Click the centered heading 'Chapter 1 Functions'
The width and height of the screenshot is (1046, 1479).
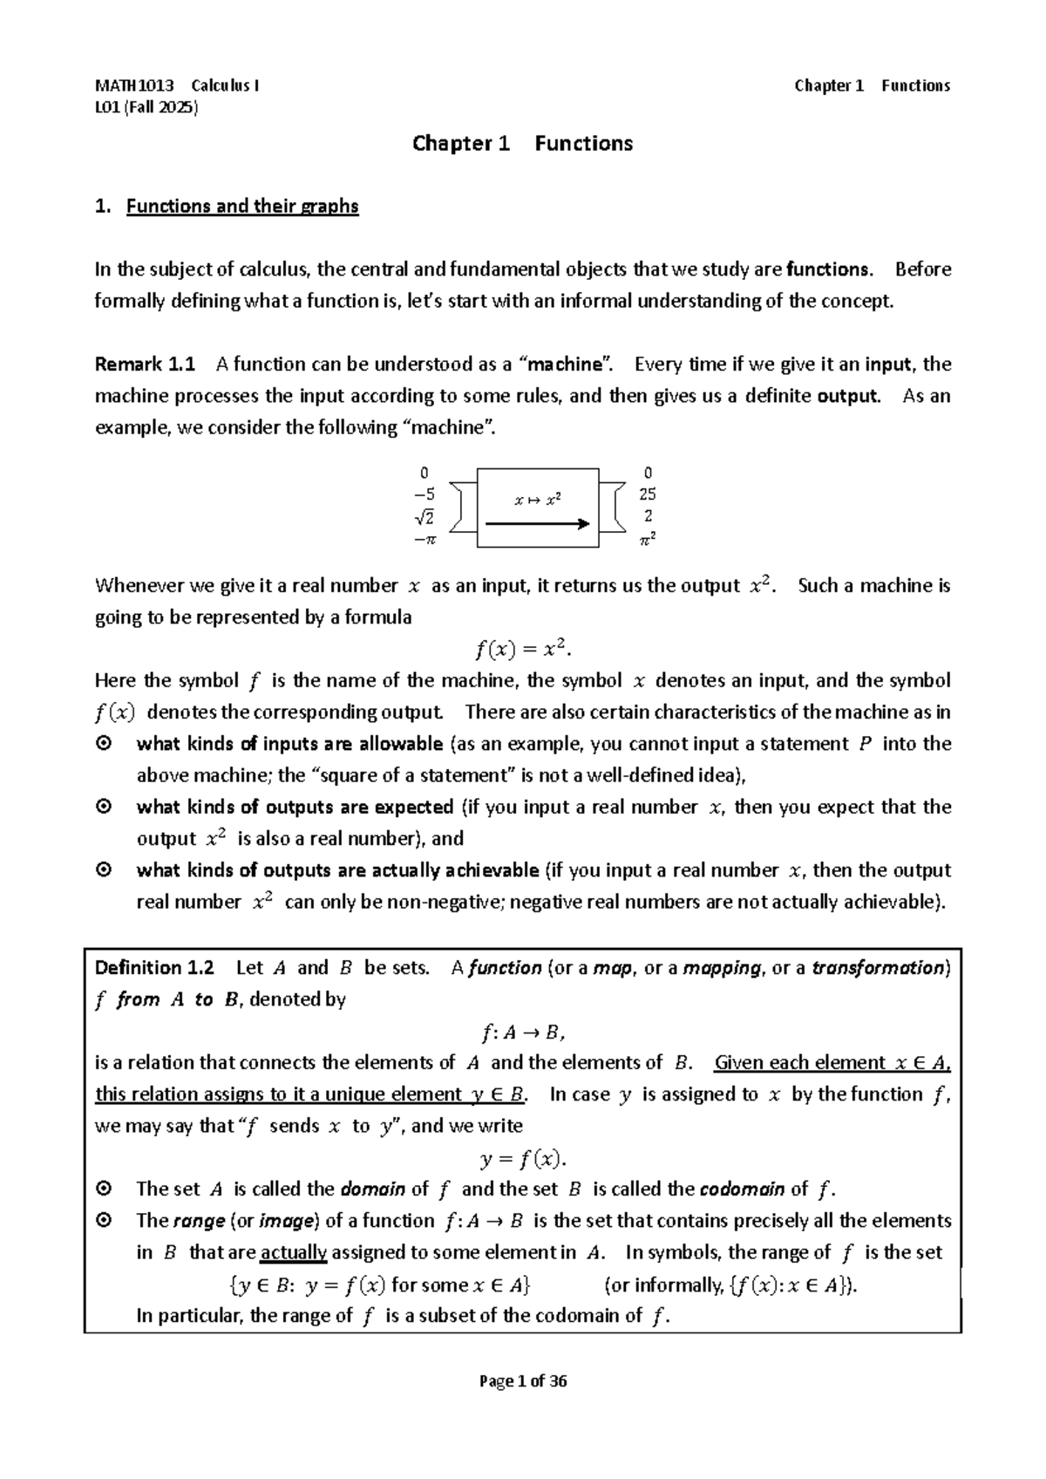tap(522, 143)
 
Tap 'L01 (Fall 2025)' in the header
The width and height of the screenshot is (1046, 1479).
tap(146, 108)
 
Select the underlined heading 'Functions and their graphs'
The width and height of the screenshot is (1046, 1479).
tap(242, 207)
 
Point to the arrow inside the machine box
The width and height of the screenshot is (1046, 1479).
tap(537, 524)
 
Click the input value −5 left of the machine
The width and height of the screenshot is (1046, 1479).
tap(424, 494)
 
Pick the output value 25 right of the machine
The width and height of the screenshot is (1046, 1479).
tap(647, 494)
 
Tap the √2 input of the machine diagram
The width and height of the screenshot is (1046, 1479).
tap(424, 517)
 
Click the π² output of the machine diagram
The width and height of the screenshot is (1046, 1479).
tap(647, 540)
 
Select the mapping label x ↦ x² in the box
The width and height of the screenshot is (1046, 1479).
tap(537, 501)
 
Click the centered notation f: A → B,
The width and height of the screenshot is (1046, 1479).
tap(523, 1033)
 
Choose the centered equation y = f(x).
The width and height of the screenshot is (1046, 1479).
tap(523, 1159)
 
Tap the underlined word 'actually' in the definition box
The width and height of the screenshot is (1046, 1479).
tap(293, 1253)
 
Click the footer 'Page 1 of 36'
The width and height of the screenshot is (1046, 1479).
tap(523, 1381)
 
